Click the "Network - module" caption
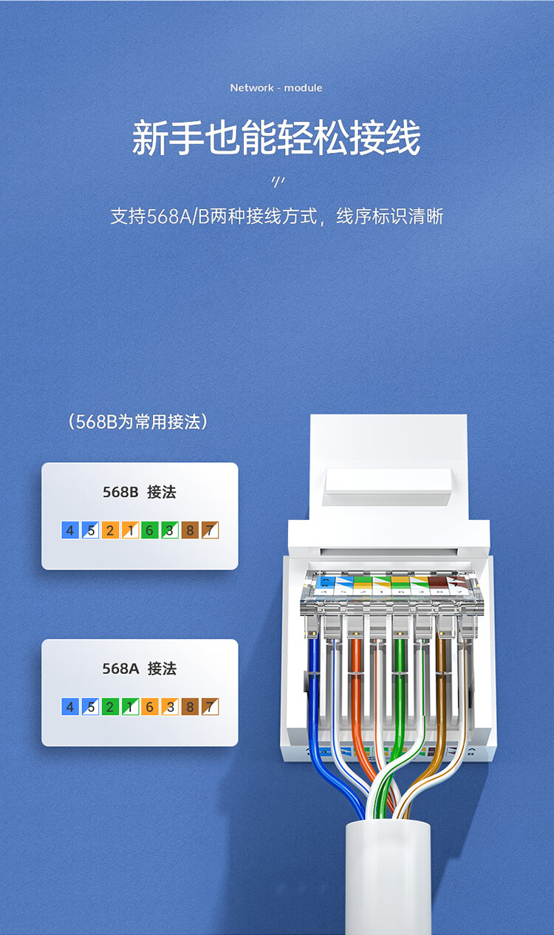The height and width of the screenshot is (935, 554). click(x=276, y=88)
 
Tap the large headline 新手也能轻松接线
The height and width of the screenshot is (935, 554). click(x=276, y=137)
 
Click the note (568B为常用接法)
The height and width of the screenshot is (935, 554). click(x=138, y=422)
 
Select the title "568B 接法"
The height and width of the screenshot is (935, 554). click(x=140, y=492)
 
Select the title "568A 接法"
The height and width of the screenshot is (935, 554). click(x=140, y=668)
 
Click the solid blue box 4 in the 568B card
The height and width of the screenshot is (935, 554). click(x=70, y=530)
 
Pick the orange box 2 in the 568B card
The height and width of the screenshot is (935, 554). click(x=110, y=530)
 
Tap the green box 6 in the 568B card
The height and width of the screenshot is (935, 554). click(x=149, y=530)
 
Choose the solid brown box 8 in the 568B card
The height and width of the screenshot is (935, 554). click(x=190, y=530)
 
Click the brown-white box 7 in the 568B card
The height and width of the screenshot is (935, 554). click(x=210, y=530)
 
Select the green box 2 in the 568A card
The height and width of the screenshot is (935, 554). click(x=110, y=707)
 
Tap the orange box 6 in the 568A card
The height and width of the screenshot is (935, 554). click(x=149, y=707)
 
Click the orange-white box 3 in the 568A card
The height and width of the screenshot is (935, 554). click(x=170, y=707)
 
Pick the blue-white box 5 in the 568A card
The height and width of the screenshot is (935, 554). click(x=90, y=707)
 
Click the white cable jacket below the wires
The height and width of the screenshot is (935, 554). click(x=388, y=877)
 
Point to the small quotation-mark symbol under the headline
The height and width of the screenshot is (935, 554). click(x=278, y=182)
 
